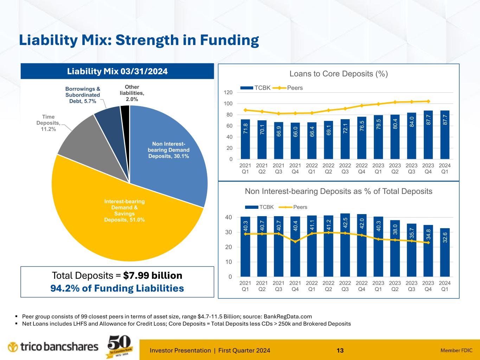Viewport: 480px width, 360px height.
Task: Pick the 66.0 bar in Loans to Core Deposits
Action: pos(295,141)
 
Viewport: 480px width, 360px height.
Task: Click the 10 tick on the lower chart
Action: pos(229,262)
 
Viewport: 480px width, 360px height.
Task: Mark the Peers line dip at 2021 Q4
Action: pos(295,242)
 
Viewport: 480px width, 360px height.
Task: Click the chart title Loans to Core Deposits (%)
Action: pos(338,74)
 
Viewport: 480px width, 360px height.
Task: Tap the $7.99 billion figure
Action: pos(153,275)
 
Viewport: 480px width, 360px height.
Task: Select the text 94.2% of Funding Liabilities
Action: pos(117,288)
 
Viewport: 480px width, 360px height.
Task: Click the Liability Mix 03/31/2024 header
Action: pos(117,71)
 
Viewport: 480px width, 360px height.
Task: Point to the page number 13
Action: pos(340,350)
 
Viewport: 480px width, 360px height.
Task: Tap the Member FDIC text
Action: pos(456,350)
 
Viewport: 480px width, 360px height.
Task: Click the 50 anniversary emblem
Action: pos(119,346)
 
